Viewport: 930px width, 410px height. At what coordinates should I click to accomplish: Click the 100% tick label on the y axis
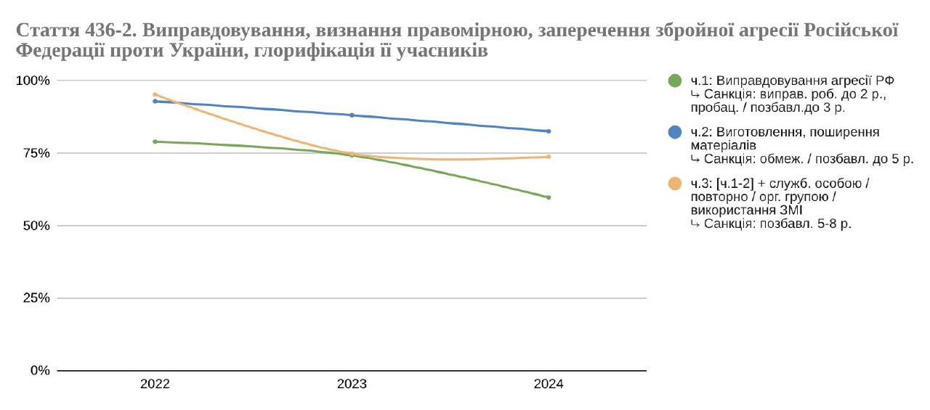coord(33,81)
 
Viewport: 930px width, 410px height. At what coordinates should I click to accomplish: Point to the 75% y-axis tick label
coord(36,153)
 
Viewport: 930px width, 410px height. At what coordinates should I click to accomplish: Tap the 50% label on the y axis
coord(36,226)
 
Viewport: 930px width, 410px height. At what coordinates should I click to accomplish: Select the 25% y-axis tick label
coord(36,298)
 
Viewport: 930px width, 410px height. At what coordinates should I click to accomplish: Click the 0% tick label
coord(39,371)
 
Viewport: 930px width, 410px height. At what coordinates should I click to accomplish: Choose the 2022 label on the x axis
coord(155,385)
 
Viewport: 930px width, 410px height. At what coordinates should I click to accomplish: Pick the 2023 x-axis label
coord(352,385)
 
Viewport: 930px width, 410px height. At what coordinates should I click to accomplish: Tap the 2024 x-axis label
coord(549,385)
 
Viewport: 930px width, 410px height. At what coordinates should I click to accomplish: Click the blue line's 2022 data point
coord(155,101)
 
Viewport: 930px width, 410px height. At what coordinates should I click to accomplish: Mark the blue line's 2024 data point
coord(549,131)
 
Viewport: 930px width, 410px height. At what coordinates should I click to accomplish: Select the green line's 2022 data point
coord(155,142)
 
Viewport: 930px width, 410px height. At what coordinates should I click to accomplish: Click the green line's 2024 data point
coord(549,197)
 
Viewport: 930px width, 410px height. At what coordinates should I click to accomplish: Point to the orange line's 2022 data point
coord(155,94)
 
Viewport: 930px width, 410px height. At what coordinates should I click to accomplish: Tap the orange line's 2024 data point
coord(549,157)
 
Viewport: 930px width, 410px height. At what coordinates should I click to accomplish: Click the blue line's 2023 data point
coord(352,115)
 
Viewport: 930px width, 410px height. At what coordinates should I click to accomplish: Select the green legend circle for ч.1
coord(675,81)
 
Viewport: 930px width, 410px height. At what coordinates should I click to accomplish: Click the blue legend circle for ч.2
coord(675,132)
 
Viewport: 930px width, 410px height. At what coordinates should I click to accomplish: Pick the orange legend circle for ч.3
coord(675,184)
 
